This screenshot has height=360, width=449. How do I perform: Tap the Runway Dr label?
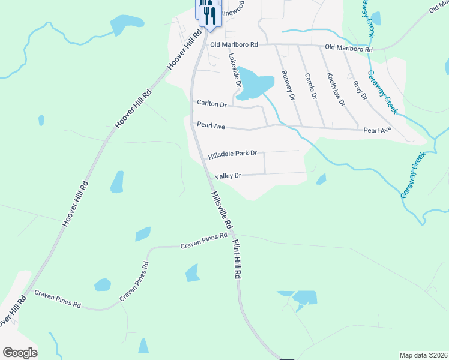[x=288, y=85]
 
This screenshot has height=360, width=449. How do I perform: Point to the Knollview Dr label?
[x=335, y=89]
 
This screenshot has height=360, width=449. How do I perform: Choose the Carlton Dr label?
[x=211, y=104]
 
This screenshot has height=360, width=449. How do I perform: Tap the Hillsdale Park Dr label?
[x=232, y=155]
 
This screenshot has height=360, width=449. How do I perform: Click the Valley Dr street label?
[x=228, y=176]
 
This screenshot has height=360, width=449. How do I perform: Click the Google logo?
[x=20, y=353]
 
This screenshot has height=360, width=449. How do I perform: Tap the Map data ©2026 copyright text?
[x=423, y=355]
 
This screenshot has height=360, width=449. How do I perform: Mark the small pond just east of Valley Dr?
[x=321, y=179]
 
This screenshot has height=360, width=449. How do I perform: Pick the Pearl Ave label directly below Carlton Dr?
[x=211, y=125]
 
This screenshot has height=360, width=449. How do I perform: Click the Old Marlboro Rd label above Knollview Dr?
[x=348, y=48]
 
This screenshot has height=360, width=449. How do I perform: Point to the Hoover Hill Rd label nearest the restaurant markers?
[x=182, y=46]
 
